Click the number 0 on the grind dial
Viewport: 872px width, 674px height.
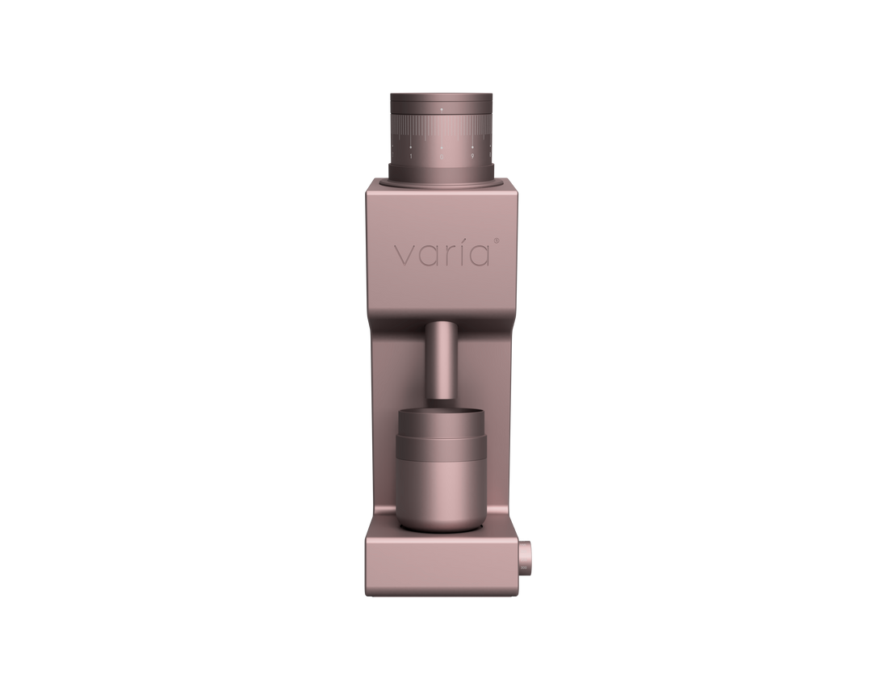(x=442, y=157)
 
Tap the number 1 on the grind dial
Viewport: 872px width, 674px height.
(x=411, y=157)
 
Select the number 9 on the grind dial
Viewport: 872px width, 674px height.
(x=472, y=157)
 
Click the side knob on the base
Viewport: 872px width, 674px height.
(x=526, y=557)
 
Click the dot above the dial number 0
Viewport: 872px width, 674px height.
(x=442, y=148)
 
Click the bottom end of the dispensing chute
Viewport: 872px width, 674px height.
(x=442, y=396)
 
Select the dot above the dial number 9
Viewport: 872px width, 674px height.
(x=472, y=147)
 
